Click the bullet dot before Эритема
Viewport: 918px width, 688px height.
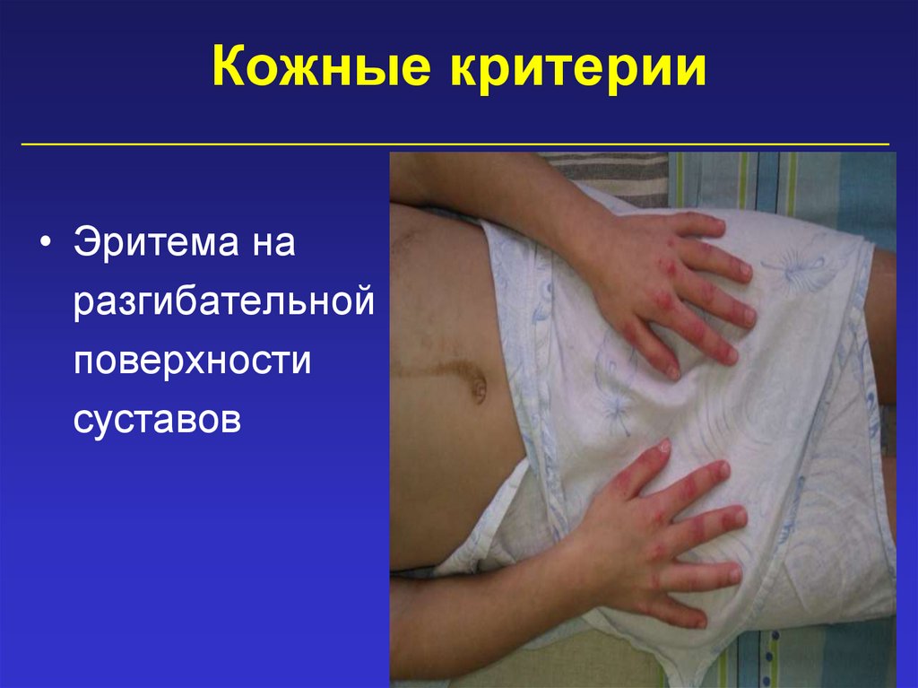click(x=46, y=245)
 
